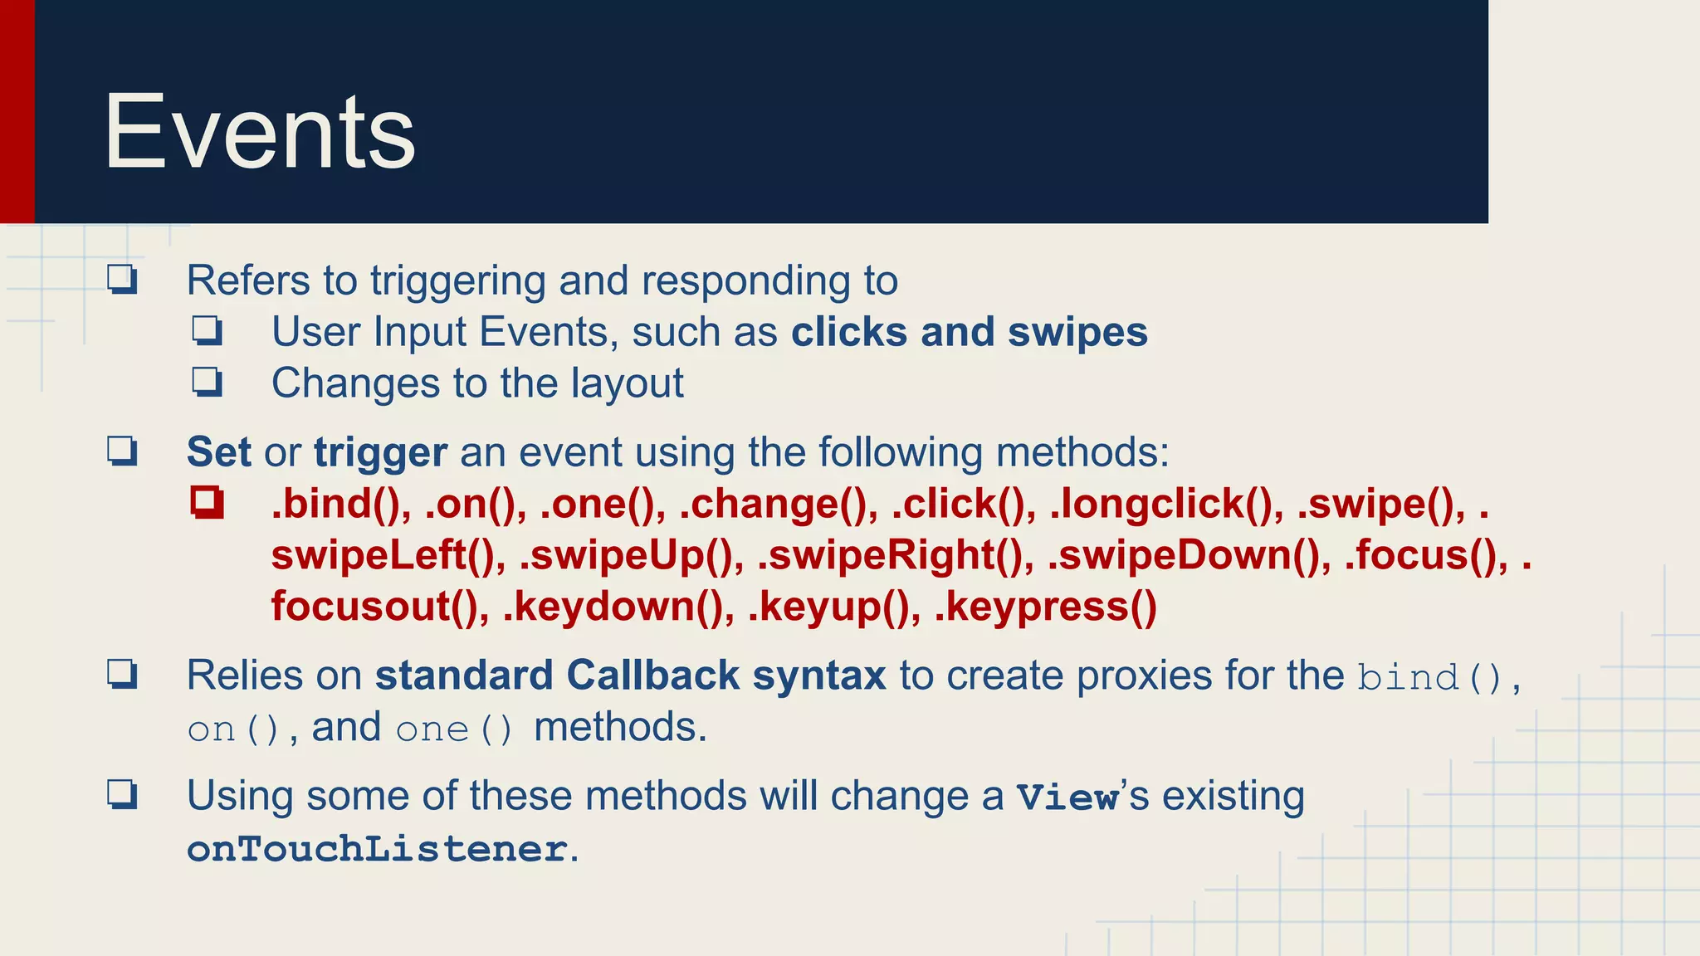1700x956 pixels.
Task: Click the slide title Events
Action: [x=259, y=133]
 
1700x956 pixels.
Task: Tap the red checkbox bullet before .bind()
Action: [x=207, y=503]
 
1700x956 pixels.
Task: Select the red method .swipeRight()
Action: [x=894, y=556]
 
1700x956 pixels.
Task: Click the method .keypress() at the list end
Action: [x=1045, y=607]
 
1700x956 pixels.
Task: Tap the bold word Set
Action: [x=218, y=453]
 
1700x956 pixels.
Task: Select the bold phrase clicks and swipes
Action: [x=969, y=333]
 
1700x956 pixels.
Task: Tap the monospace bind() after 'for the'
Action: [x=1429, y=678]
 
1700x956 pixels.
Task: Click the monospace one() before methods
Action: [x=454, y=729]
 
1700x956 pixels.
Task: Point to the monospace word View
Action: [x=1068, y=797]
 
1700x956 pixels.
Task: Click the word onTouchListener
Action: [x=377, y=849]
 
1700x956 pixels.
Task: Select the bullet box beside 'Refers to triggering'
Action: [x=122, y=280]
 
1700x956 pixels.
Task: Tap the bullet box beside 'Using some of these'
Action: [x=122, y=795]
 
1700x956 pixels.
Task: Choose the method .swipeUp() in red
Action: [x=631, y=556]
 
